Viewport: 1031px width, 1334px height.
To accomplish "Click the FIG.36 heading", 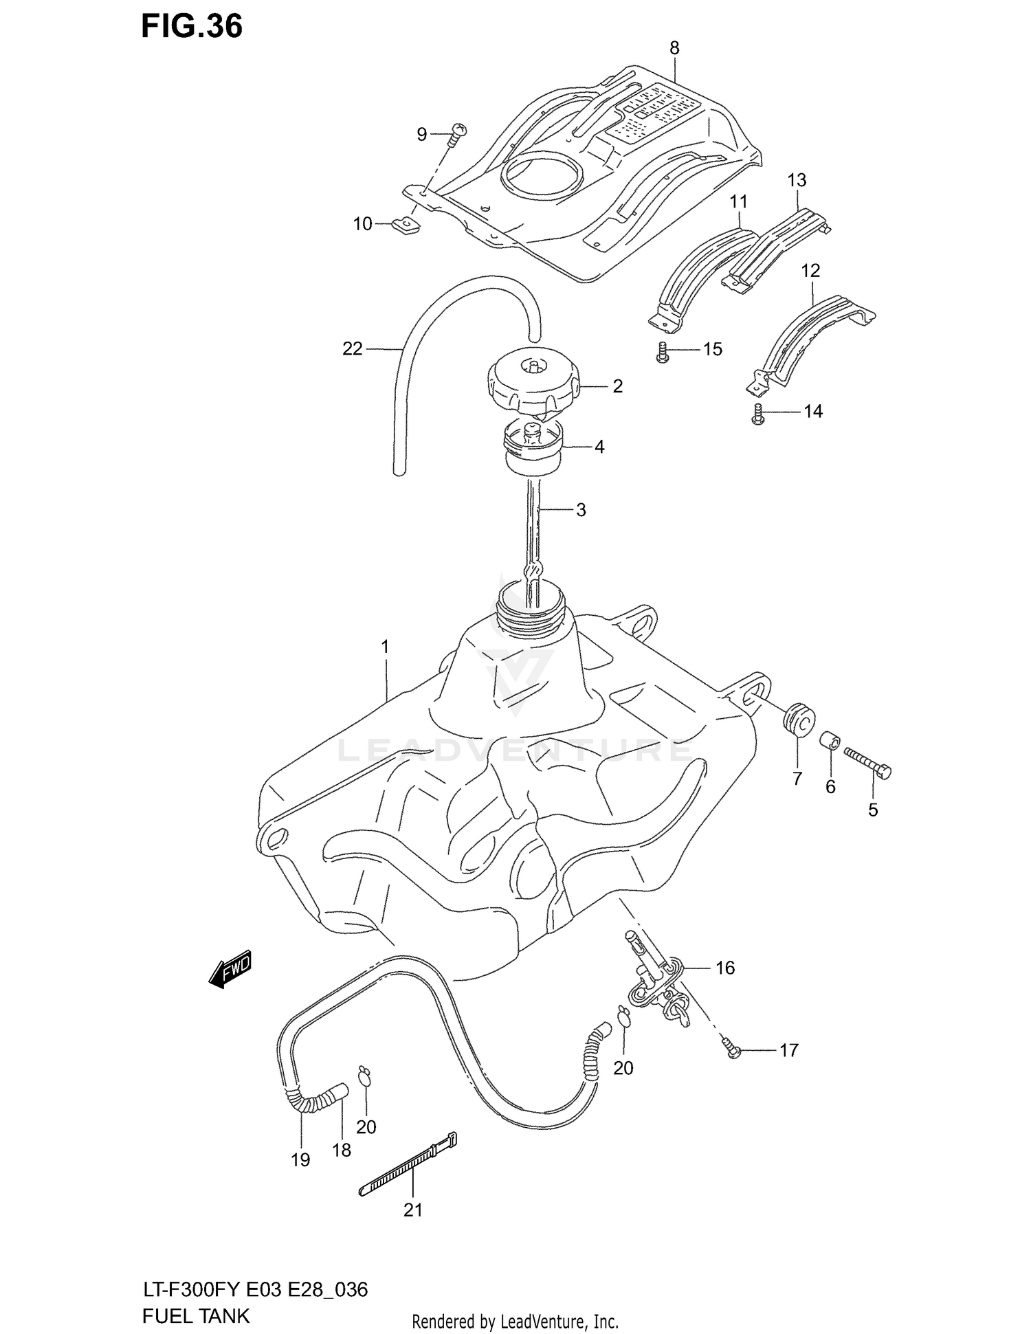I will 192,26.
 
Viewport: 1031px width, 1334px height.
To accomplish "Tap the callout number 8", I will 674,48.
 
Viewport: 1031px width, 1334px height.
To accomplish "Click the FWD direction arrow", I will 230,969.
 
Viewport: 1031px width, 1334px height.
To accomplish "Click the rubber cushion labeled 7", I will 799,719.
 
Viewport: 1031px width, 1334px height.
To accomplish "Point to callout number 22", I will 352,349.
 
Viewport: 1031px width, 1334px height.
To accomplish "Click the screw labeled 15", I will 663,352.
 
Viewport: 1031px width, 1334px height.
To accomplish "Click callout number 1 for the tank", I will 385,647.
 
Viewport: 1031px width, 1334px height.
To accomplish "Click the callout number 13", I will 796,180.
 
